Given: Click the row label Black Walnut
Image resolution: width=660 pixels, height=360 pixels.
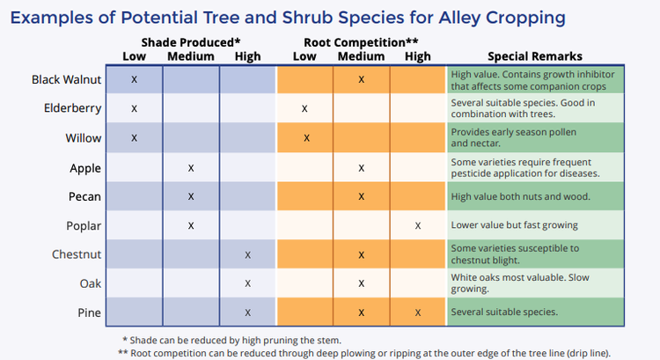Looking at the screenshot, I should point(67,79).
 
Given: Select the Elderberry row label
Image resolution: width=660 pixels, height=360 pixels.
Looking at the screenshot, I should point(73,108).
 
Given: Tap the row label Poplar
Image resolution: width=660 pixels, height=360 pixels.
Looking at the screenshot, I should point(84,225).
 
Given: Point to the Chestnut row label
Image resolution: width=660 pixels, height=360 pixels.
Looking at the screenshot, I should point(76,254).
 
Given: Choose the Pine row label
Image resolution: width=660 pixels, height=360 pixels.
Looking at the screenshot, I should point(89,312).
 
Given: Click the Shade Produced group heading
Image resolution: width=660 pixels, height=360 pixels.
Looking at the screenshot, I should point(191,42).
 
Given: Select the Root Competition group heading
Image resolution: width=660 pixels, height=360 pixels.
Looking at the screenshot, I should point(361,42).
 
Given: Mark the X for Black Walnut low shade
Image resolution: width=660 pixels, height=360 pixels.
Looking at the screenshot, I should point(134,79).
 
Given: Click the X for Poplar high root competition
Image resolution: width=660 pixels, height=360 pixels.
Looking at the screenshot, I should point(418,225).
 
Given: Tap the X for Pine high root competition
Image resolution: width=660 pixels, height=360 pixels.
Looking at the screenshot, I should point(418,312).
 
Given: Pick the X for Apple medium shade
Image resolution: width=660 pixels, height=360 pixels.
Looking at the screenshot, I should point(191,167).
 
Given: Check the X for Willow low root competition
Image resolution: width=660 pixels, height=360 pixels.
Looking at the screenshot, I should point(305,138).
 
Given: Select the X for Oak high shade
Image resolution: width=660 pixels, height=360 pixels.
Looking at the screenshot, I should point(248,283).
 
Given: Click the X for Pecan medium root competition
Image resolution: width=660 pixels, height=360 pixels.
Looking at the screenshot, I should point(362,196).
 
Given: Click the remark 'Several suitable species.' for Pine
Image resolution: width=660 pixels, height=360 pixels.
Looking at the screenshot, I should point(503,312).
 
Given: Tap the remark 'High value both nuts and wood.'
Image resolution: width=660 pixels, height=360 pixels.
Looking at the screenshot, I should point(519,196).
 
